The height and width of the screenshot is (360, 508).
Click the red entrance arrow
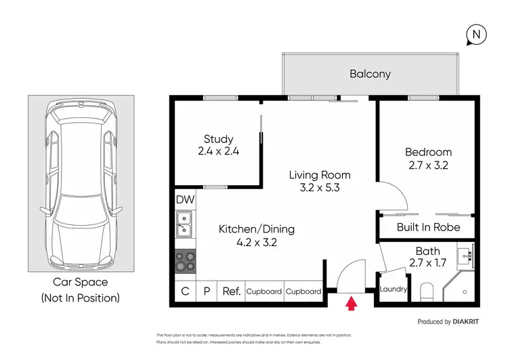351,304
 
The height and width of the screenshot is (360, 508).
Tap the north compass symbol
476,35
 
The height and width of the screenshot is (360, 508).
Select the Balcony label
371,74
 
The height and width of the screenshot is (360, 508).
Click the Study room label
218,139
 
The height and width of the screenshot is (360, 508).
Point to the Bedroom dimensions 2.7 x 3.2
428,165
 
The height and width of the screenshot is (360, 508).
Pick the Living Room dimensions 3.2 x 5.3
320,188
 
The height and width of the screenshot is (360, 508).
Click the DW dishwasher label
186,199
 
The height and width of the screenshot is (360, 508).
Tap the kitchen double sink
184,224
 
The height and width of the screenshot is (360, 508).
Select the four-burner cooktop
186,262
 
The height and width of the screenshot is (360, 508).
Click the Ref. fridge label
232,292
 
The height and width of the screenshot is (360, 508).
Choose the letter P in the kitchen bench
207,292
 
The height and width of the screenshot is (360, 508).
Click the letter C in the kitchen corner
186,292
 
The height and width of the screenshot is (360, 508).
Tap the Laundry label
393,289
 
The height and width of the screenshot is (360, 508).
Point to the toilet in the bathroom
427,292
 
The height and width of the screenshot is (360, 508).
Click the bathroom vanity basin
465,256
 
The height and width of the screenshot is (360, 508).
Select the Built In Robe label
428,227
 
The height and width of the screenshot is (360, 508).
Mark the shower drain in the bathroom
465,292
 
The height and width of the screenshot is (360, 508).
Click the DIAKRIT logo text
465,322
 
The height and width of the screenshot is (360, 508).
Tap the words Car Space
81,282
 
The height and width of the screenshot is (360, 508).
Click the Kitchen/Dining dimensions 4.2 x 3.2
257,243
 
